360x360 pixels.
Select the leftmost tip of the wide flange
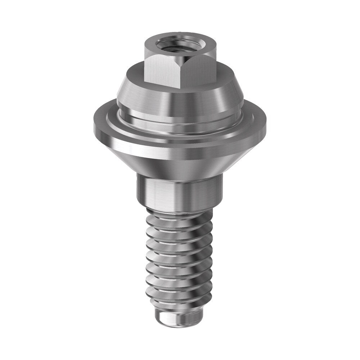pyautogui.click(x=94, y=124)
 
